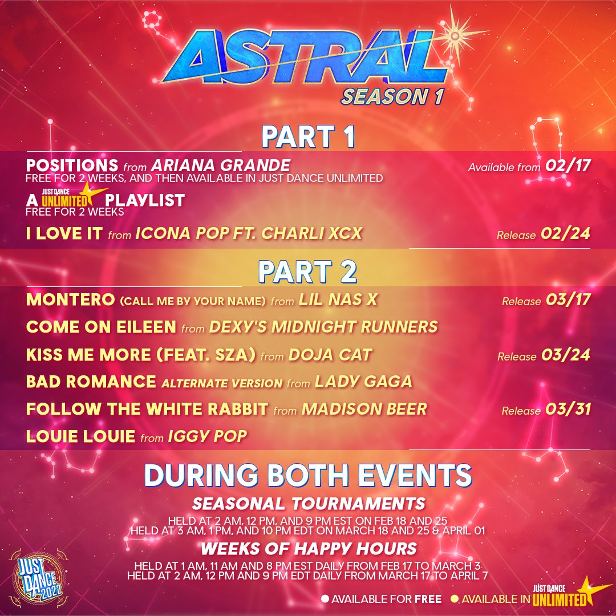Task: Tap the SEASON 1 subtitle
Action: point(392,96)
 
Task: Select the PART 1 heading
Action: point(309,137)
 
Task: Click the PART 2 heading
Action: point(307,272)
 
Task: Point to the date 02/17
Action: point(568,165)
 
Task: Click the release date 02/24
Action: point(565,233)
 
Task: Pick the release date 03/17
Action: point(568,300)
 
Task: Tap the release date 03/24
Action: point(566,355)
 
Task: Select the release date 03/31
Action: point(568,410)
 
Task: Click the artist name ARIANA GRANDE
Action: point(221,165)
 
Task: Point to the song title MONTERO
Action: point(70,300)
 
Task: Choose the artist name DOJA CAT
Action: point(330,355)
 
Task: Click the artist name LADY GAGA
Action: point(363,382)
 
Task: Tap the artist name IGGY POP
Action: point(208,436)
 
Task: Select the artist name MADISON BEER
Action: point(364,410)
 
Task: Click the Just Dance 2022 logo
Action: point(38,579)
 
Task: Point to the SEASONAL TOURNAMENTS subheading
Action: point(309,504)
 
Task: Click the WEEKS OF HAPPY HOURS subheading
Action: point(309,549)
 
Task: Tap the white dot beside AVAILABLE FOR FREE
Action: point(325,599)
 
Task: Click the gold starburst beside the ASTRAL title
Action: point(455,36)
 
